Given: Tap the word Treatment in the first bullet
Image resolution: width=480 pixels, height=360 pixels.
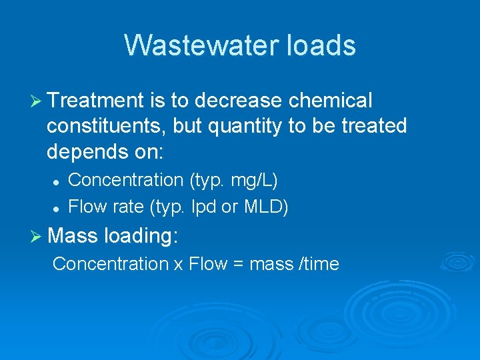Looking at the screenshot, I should [x=96, y=101].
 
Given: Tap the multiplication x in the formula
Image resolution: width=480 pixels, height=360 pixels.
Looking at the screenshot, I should [x=179, y=264].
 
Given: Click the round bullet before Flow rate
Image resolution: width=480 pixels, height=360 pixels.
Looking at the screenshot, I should [x=57, y=208].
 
